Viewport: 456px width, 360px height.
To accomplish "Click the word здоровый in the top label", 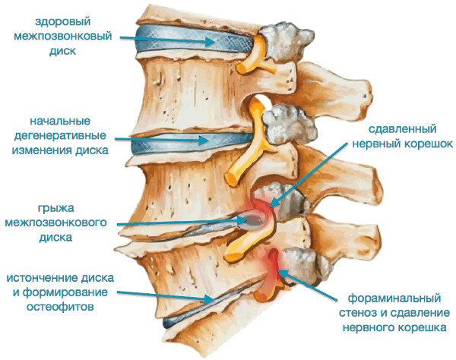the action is coord(63,22).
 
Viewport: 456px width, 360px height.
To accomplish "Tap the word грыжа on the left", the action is coord(55,208).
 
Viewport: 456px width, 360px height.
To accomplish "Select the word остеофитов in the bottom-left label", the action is coord(60,307).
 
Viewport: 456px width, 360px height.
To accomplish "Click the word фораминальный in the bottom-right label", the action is coord(394,298).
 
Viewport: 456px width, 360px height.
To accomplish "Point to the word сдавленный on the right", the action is coord(403,128).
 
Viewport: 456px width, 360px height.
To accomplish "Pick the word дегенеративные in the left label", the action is coord(60,136).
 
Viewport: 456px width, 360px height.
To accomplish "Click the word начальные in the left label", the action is coord(60,122).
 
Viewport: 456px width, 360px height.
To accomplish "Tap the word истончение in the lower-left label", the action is coord(43,278).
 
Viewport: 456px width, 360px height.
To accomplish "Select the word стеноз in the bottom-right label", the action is coord(359,313).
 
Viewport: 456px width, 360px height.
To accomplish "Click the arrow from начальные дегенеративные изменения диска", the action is coord(162,140).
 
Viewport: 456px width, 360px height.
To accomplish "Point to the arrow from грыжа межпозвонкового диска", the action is coord(182,222).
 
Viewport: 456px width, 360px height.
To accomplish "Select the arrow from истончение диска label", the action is coord(166,296).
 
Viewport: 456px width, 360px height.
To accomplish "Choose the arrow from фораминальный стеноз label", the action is coord(309,286).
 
